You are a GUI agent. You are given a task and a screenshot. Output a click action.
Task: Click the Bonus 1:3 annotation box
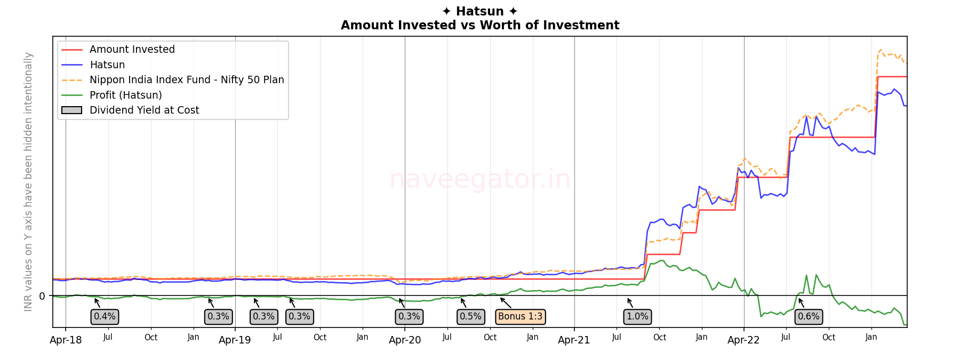(x=520, y=317)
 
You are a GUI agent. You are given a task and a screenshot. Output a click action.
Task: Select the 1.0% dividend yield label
(x=637, y=317)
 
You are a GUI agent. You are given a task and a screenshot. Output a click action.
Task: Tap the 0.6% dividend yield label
(x=808, y=317)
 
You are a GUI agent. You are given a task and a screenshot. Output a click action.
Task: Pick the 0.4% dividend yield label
(x=105, y=317)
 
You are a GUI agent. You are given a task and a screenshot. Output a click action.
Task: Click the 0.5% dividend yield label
(x=470, y=317)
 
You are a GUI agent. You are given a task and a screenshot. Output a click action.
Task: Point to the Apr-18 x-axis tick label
(x=66, y=340)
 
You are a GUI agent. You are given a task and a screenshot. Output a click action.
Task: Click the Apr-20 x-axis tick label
(x=405, y=340)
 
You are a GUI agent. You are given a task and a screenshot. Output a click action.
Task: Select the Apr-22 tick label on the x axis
(x=743, y=340)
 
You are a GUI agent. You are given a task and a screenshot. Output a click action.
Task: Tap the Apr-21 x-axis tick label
(x=574, y=340)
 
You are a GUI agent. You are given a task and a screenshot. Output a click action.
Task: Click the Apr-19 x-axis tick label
(x=235, y=340)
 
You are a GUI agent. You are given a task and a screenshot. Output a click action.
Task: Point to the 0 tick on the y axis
(x=42, y=296)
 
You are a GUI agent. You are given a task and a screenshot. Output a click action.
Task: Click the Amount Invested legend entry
(x=132, y=50)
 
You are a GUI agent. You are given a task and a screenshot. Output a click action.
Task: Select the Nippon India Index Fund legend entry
(x=187, y=80)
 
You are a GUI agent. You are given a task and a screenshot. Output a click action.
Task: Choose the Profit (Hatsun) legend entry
(x=125, y=95)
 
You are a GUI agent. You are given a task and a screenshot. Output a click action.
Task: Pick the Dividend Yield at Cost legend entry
(x=144, y=110)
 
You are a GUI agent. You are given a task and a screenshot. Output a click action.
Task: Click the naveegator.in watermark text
(x=479, y=179)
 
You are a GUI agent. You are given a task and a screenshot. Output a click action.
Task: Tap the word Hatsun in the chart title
(x=479, y=11)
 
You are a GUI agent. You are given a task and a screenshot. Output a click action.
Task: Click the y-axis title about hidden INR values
(x=28, y=181)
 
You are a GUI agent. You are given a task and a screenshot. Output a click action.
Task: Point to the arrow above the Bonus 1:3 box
(x=506, y=303)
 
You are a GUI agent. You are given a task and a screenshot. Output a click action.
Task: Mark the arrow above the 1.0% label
(x=630, y=303)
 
